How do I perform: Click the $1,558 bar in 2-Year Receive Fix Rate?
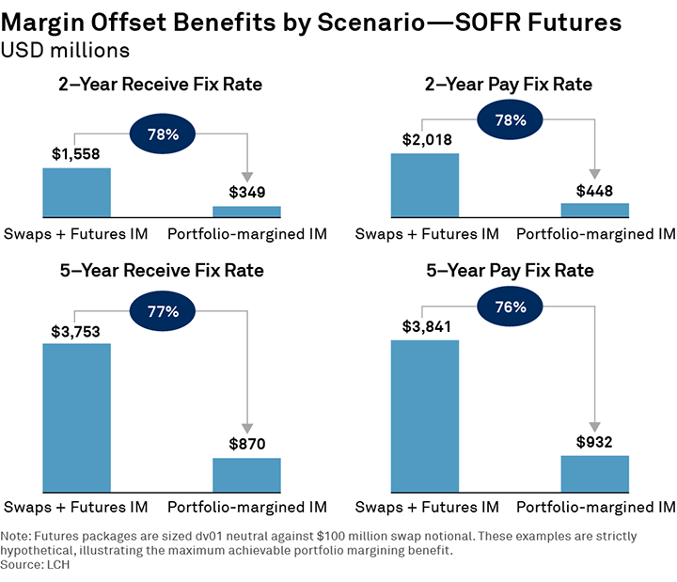click(76, 193)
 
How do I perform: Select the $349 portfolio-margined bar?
click(246, 212)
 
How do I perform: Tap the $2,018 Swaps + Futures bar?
click(424, 185)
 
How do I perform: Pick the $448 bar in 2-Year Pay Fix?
click(594, 210)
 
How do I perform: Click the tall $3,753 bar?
click(76, 417)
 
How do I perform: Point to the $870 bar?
click(246, 474)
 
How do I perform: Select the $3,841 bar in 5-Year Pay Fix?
click(424, 415)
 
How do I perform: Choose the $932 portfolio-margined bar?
click(594, 472)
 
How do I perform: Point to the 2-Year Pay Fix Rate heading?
click(510, 85)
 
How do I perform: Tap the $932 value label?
click(594, 442)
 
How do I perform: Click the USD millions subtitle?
click(65, 49)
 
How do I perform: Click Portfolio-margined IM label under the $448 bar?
click(595, 234)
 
